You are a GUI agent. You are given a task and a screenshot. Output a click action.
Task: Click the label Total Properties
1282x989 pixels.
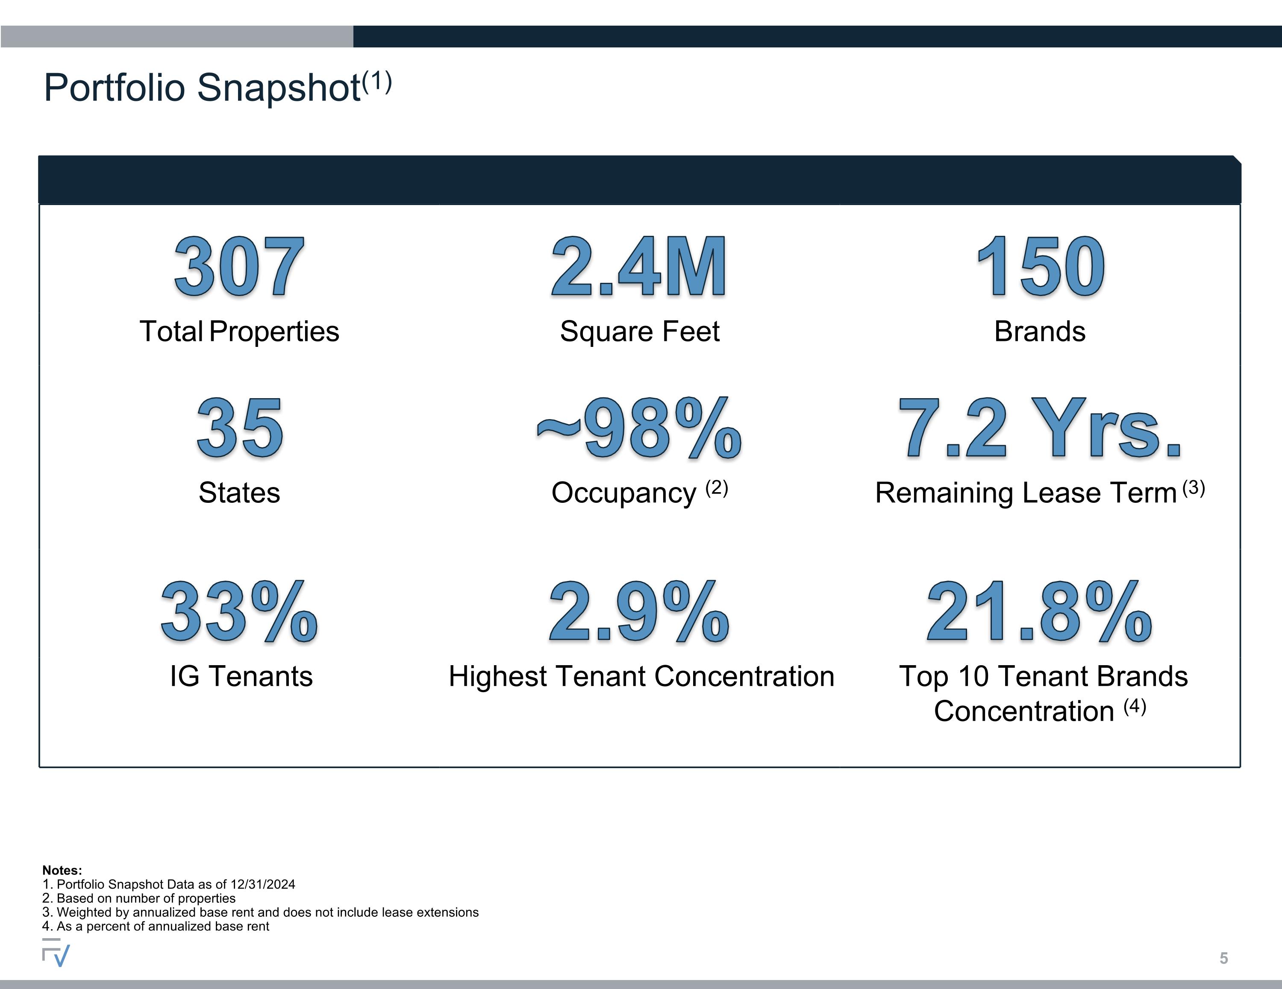point(239,332)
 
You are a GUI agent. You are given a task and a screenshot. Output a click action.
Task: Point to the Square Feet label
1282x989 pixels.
point(639,332)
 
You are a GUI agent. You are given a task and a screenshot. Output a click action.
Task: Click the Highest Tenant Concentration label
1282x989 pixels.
point(641,676)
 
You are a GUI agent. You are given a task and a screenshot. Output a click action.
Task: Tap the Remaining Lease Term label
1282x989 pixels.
point(1026,493)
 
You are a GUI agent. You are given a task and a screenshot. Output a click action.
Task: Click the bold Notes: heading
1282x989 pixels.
point(62,870)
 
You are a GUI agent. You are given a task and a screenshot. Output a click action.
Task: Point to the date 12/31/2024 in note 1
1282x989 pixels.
point(263,884)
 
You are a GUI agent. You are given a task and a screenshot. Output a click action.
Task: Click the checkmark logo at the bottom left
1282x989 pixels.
point(56,952)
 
